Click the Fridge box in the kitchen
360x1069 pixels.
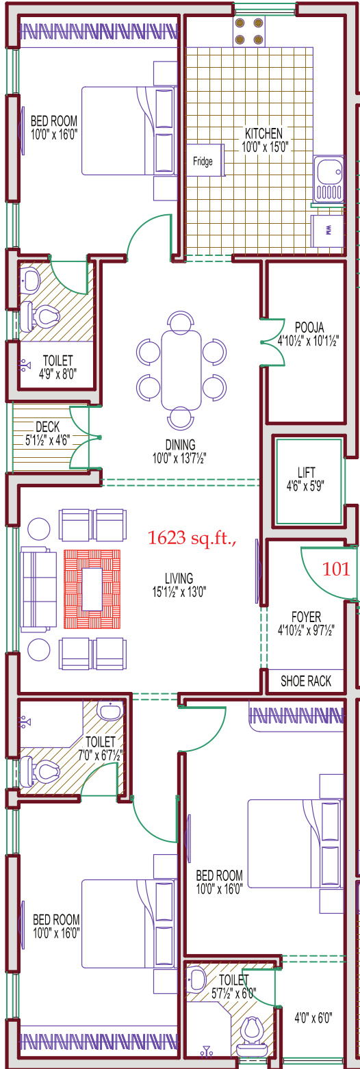tap(205, 160)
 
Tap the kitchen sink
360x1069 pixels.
tap(329, 179)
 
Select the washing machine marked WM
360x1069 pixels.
tap(327, 231)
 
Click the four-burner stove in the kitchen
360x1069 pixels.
tap(249, 31)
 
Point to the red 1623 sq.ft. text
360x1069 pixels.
tap(192, 538)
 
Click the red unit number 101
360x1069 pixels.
tap(336, 569)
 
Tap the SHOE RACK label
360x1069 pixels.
tap(305, 681)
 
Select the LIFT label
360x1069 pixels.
tap(306, 472)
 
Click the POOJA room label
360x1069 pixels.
tap(309, 327)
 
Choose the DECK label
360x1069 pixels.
tap(48, 426)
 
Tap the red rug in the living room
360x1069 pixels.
tap(92, 589)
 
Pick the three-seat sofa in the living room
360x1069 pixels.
tap(38, 589)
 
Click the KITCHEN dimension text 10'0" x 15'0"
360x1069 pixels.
tap(265, 146)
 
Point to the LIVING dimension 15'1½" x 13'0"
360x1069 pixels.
tap(179, 592)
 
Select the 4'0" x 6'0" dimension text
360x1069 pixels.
tap(313, 1018)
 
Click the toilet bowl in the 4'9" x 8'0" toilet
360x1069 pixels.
tap(40, 316)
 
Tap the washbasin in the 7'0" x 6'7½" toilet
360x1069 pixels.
tap(111, 710)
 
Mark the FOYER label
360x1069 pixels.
tap(306, 617)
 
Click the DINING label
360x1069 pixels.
tap(181, 445)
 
